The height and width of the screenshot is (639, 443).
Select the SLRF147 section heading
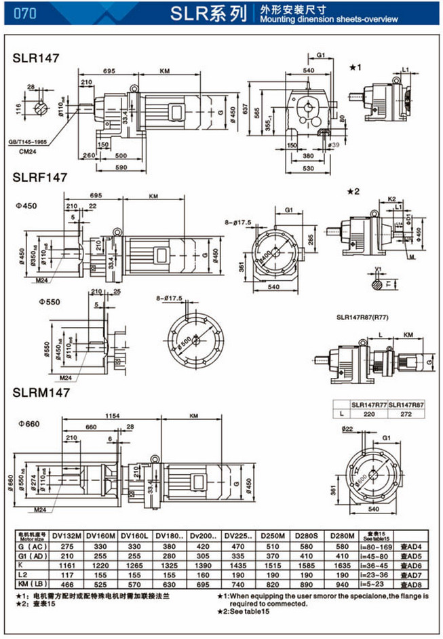pos(40,178)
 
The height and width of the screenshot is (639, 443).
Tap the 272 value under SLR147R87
pos(406,412)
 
